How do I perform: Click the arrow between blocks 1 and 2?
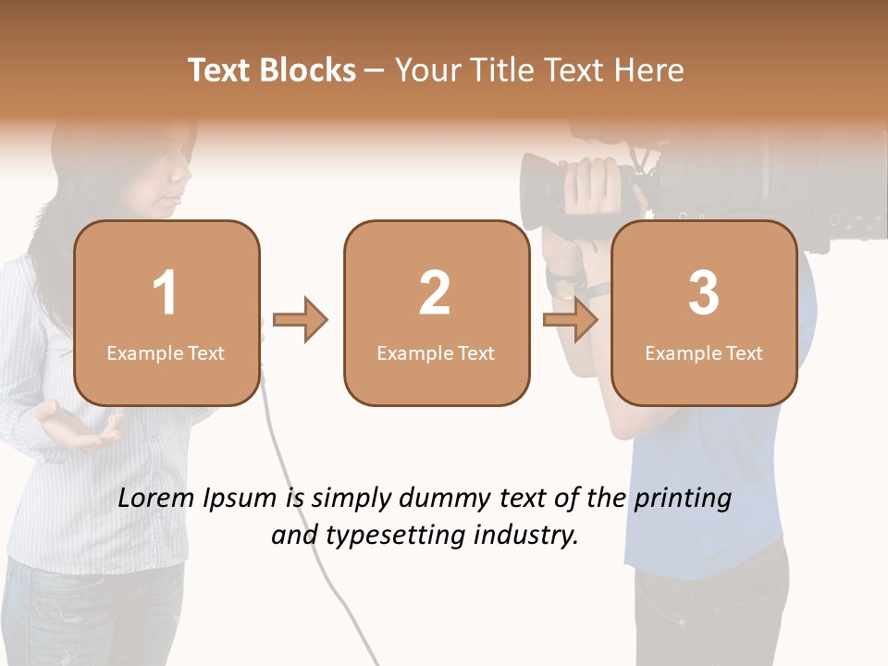[x=302, y=320]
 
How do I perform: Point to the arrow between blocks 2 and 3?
[x=571, y=320]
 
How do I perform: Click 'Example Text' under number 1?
[x=166, y=353]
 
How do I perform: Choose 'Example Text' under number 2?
[x=436, y=353]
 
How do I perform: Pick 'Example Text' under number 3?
[x=704, y=353]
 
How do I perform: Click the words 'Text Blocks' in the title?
[x=272, y=70]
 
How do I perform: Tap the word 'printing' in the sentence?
[x=683, y=499]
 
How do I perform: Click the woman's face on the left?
[x=166, y=171]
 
